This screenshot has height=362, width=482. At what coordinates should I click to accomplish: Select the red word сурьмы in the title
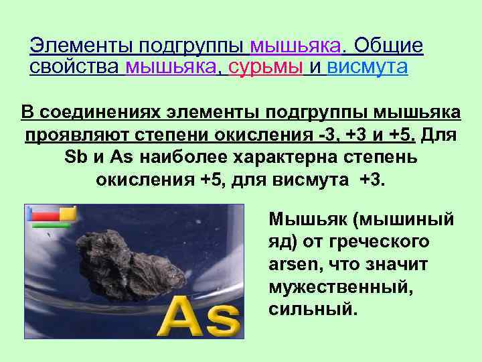[x=266, y=67]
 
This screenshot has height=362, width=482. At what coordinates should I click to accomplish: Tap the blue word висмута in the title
[x=367, y=67]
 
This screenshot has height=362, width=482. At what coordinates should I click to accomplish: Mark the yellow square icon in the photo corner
[x=67, y=213]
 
